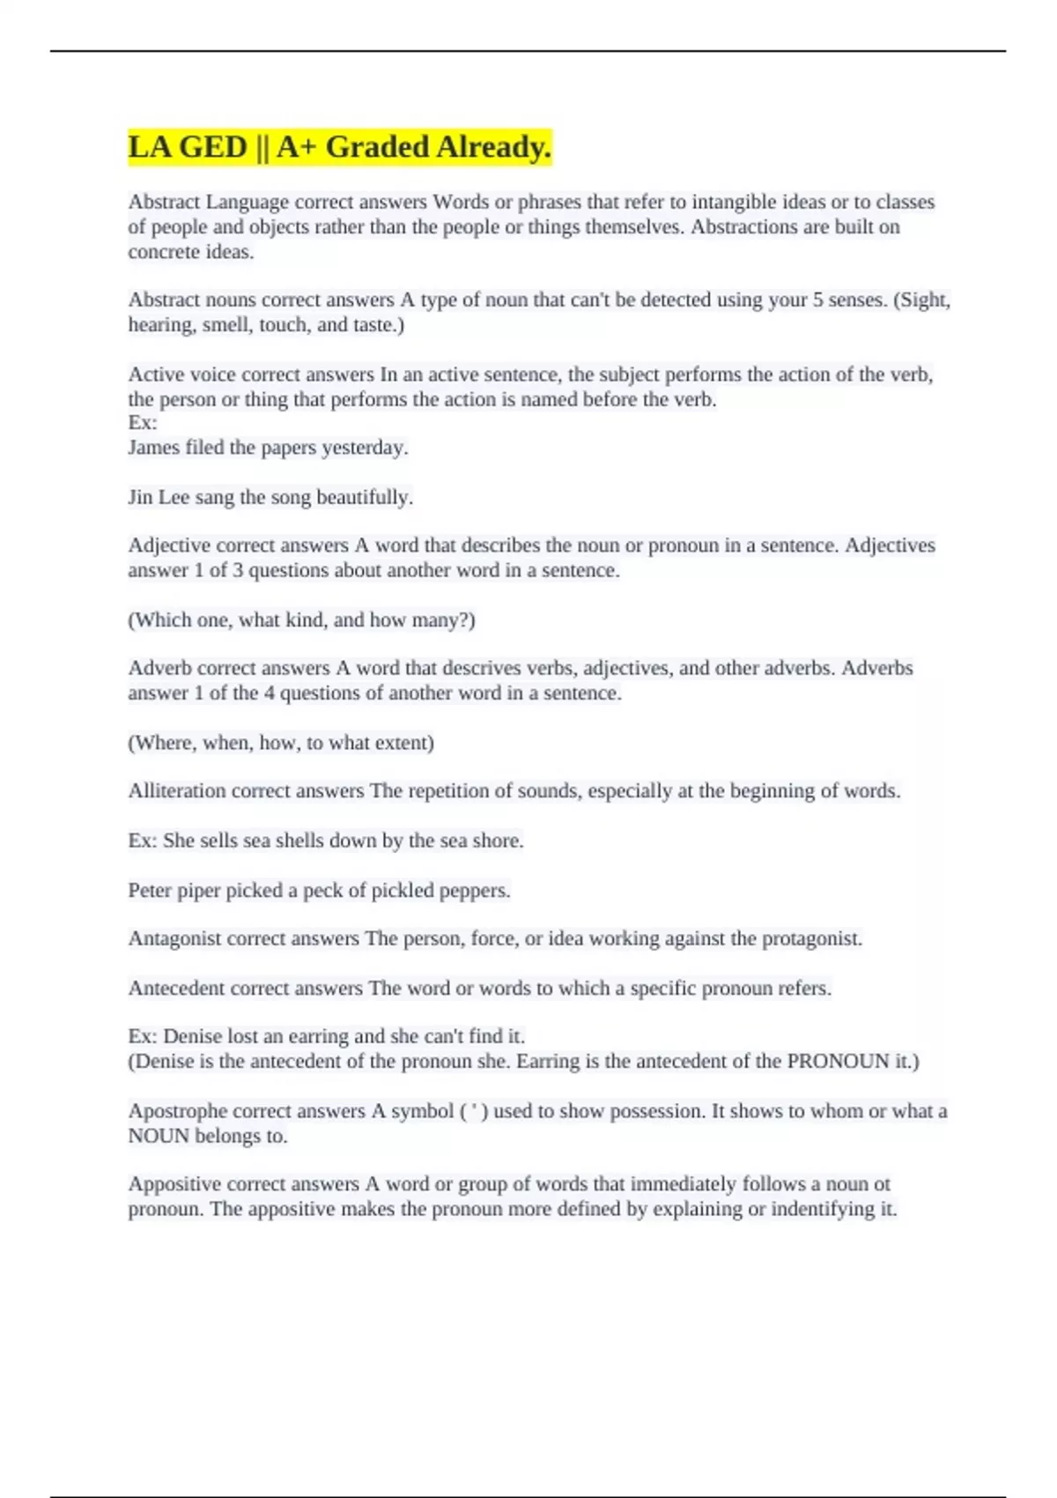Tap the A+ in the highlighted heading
click(x=297, y=147)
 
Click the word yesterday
click(x=365, y=448)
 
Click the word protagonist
click(x=811, y=939)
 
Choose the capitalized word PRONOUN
click(x=838, y=1062)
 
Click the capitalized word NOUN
click(x=159, y=1137)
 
